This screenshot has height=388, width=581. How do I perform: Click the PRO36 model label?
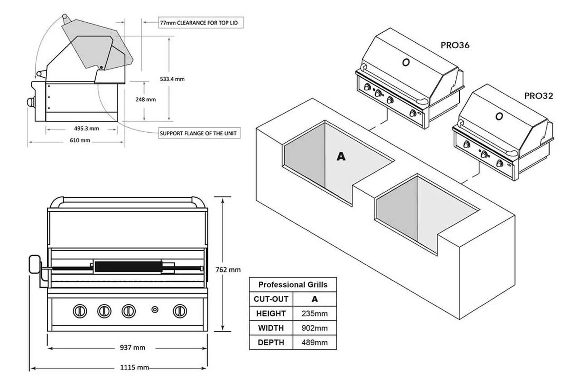[454, 45]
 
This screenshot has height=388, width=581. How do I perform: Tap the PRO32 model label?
[538, 96]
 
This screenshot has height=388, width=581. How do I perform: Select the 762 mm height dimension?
[228, 269]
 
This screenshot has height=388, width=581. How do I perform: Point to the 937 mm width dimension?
[133, 348]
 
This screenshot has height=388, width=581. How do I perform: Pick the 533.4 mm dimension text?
[172, 79]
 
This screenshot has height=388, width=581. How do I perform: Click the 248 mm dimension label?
[146, 99]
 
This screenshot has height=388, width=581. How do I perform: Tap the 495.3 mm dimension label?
[86, 129]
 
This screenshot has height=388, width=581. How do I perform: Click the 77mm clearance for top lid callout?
[198, 22]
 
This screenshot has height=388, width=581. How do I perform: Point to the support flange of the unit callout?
[198, 134]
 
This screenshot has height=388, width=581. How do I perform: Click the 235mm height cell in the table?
[315, 313]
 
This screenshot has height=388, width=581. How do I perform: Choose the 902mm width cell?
[315, 328]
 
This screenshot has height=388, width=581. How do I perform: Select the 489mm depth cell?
[315, 343]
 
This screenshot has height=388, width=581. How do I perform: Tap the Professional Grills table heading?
[293, 285]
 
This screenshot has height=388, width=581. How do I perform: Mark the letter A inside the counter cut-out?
[341, 157]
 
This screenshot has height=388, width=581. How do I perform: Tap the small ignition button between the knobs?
[155, 310]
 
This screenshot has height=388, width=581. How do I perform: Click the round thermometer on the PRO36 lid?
[406, 62]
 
